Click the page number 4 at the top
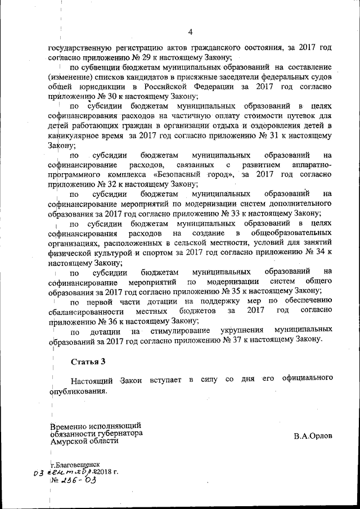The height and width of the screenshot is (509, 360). pyautogui.click(x=190, y=31)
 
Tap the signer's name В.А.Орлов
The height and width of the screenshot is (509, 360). pyautogui.click(x=313, y=436)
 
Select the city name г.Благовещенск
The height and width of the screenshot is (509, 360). pyautogui.click(x=75, y=466)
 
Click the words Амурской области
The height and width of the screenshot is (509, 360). pyautogui.click(x=84, y=442)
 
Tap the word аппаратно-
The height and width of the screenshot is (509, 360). pyautogui.click(x=309, y=165)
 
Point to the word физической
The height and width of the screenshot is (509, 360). pyautogui.click(x=71, y=253)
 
